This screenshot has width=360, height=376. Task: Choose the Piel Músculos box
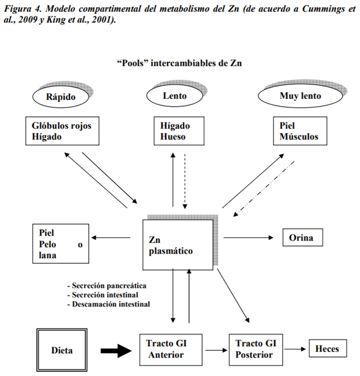tap(301, 131)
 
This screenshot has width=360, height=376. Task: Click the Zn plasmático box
tap(178, 243)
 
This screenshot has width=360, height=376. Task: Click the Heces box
tap(327, 349)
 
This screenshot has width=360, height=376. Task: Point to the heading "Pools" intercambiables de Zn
tap(180, 63)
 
